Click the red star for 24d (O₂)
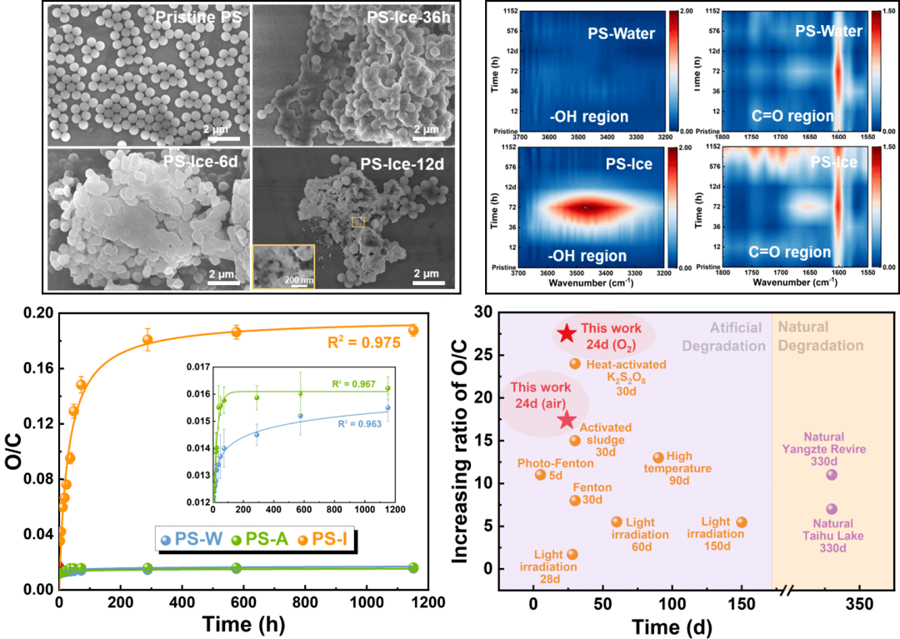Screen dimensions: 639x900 click(x=567, y=333)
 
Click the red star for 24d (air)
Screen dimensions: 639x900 click(x=567, y=420)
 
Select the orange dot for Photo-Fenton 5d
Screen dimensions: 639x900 click(x=540, y=475)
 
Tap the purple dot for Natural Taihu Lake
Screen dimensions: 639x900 click(x=831, y=509)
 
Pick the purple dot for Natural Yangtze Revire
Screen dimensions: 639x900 click(x=831, y=475)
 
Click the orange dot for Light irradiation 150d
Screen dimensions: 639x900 click(x=742, y=522)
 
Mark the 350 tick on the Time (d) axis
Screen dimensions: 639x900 click(x=858, y=603)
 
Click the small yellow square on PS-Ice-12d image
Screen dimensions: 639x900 click(x=358, y=222)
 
